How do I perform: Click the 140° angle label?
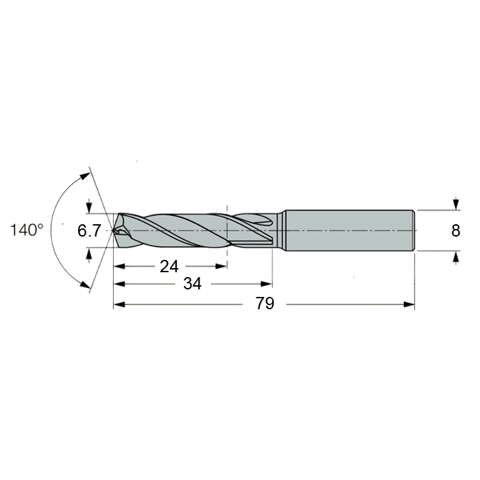tap(27, 230)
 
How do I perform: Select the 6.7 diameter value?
tap(89, 230)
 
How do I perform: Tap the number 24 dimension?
tap(169, 266)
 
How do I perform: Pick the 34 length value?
tap(193, 284)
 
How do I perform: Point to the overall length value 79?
tap(265, 304)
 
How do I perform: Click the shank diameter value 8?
tap(456, 230)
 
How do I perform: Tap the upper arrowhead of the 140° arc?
tap(85, 177)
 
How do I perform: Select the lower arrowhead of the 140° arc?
tap(85, 284)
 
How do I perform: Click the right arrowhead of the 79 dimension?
tap(409, 304)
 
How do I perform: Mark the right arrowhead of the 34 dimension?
tap(266, 284)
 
